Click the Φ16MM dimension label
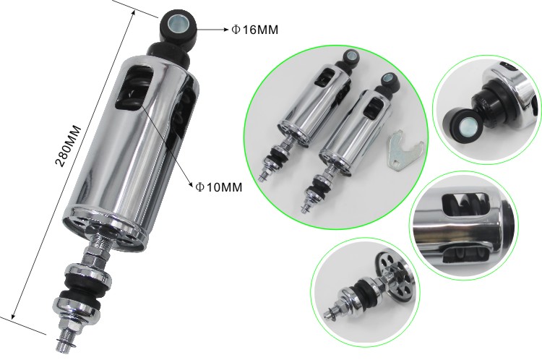(x=255, y=30)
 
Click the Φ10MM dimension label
(x=219, y=187)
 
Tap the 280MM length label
(x=69, y=146)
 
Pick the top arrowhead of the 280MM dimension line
(x=133, y=13)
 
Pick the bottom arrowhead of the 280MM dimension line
(x=13, y=314)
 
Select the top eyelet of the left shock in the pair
(x=350, y=56)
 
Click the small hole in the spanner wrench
(x=395, y=160)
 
